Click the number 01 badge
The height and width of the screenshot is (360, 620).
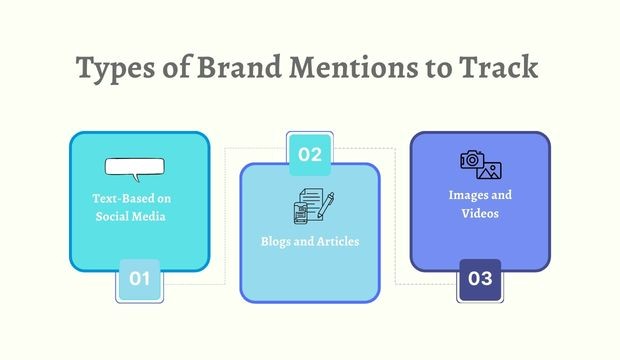139,279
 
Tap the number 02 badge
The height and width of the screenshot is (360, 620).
310,154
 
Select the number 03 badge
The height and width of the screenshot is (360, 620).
480,279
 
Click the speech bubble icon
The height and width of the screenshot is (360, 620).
133,168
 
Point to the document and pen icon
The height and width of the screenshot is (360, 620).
311,207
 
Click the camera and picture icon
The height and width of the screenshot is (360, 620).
480,164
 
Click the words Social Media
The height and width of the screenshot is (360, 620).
139,217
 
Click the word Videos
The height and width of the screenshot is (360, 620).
481,213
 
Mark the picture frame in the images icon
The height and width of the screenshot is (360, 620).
489,170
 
